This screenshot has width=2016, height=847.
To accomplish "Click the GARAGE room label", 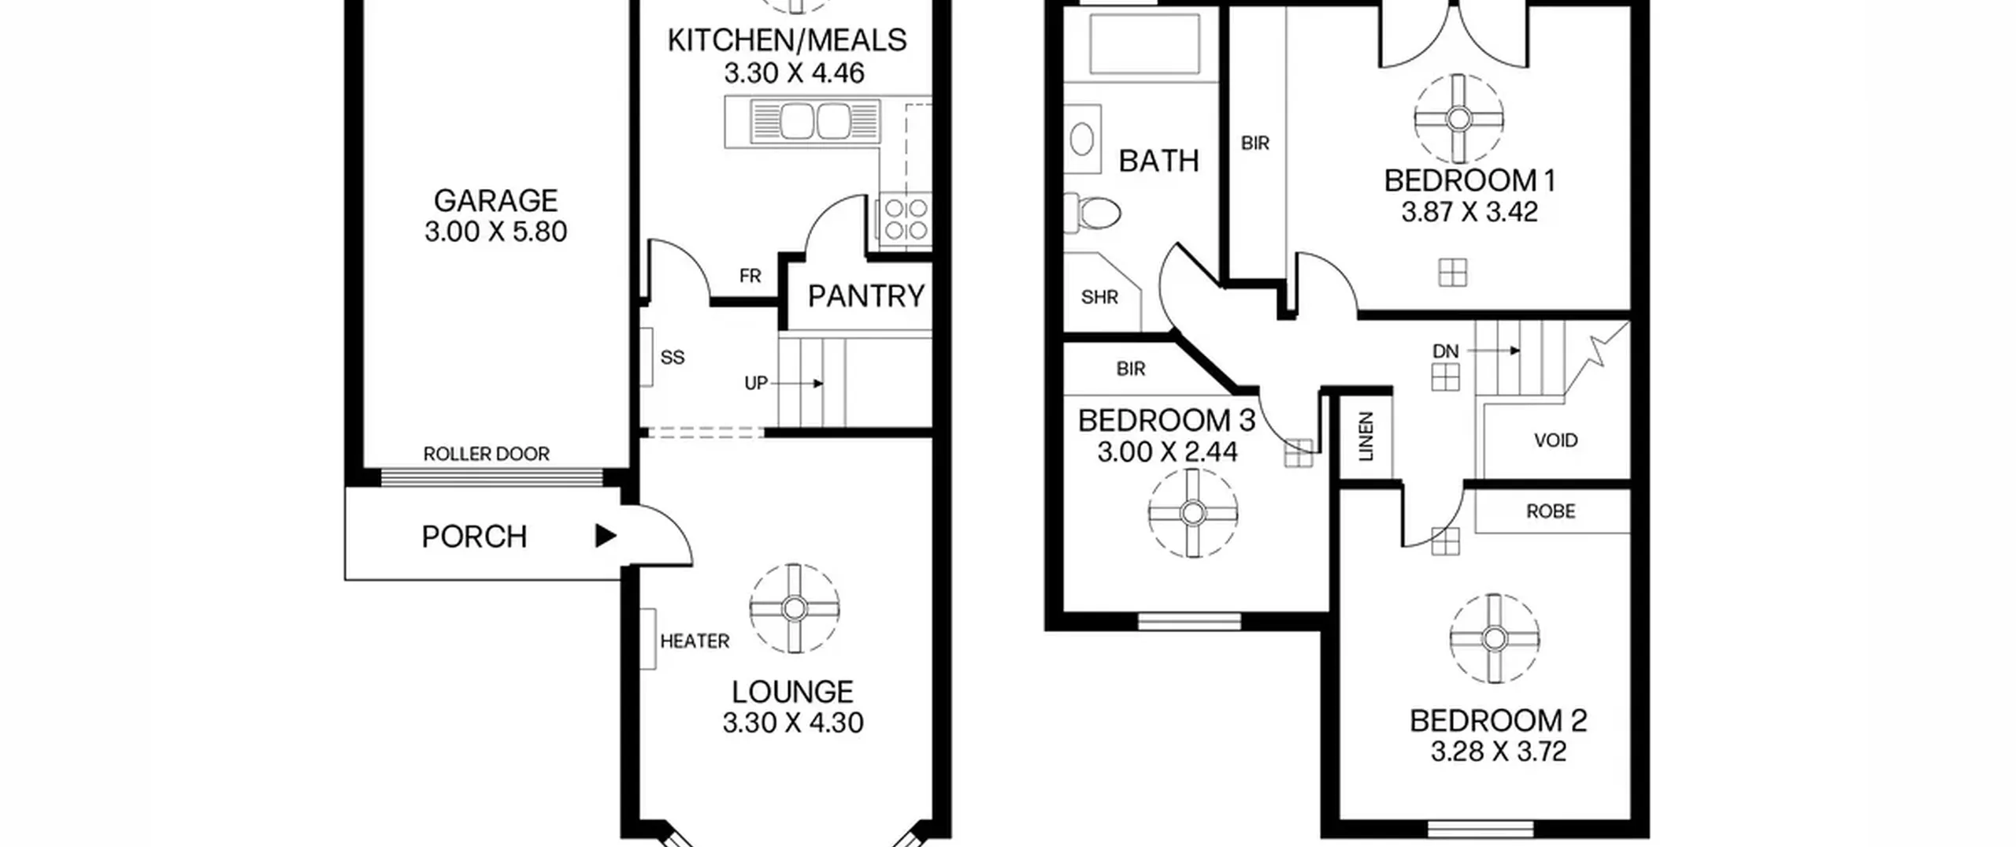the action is (x=495, y=201).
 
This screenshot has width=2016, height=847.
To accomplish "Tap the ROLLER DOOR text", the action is (x=487, y=454).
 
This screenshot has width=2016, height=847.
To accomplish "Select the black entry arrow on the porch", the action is (x=605, y=536).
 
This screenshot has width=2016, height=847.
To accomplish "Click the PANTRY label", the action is (x=865, y=296).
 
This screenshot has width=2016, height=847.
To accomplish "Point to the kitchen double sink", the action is (x=815, y=122).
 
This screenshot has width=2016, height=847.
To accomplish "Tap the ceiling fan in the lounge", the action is (x=794, y=608).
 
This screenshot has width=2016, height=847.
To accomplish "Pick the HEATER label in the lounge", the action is (x=695, y=641).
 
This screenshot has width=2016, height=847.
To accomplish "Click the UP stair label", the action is (x=755, y=383).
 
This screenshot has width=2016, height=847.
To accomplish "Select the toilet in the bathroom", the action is (x=1092, y=213).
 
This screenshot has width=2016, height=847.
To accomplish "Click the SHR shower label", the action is (x=1099, y=297).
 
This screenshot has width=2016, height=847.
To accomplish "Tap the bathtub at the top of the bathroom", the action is (x=1144, y=43).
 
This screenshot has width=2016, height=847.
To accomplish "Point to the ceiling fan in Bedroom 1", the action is (x=1458, y=119).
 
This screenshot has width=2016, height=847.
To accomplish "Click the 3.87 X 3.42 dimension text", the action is (x=1469, y=212).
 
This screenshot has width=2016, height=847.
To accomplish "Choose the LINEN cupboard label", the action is (x=1366, y=436).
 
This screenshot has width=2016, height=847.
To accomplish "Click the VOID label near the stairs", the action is (x=1555, y=440).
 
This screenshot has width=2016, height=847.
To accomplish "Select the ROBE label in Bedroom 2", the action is (x=1551, y=511).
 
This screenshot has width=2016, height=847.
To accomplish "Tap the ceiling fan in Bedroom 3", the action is (x=1192, y=514).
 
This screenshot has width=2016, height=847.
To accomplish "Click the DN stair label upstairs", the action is (x=1445, y=351).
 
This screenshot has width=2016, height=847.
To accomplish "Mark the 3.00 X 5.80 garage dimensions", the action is (x=495, y=232).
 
